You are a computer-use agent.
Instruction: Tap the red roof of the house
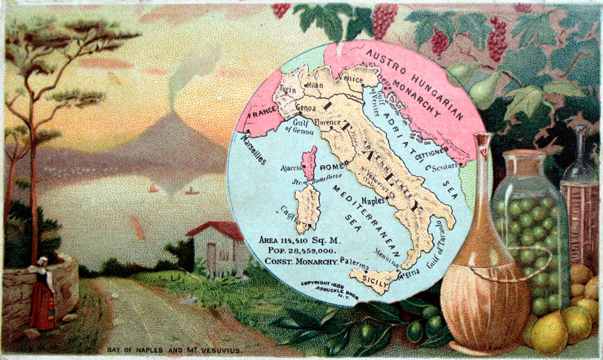point(216,231)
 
